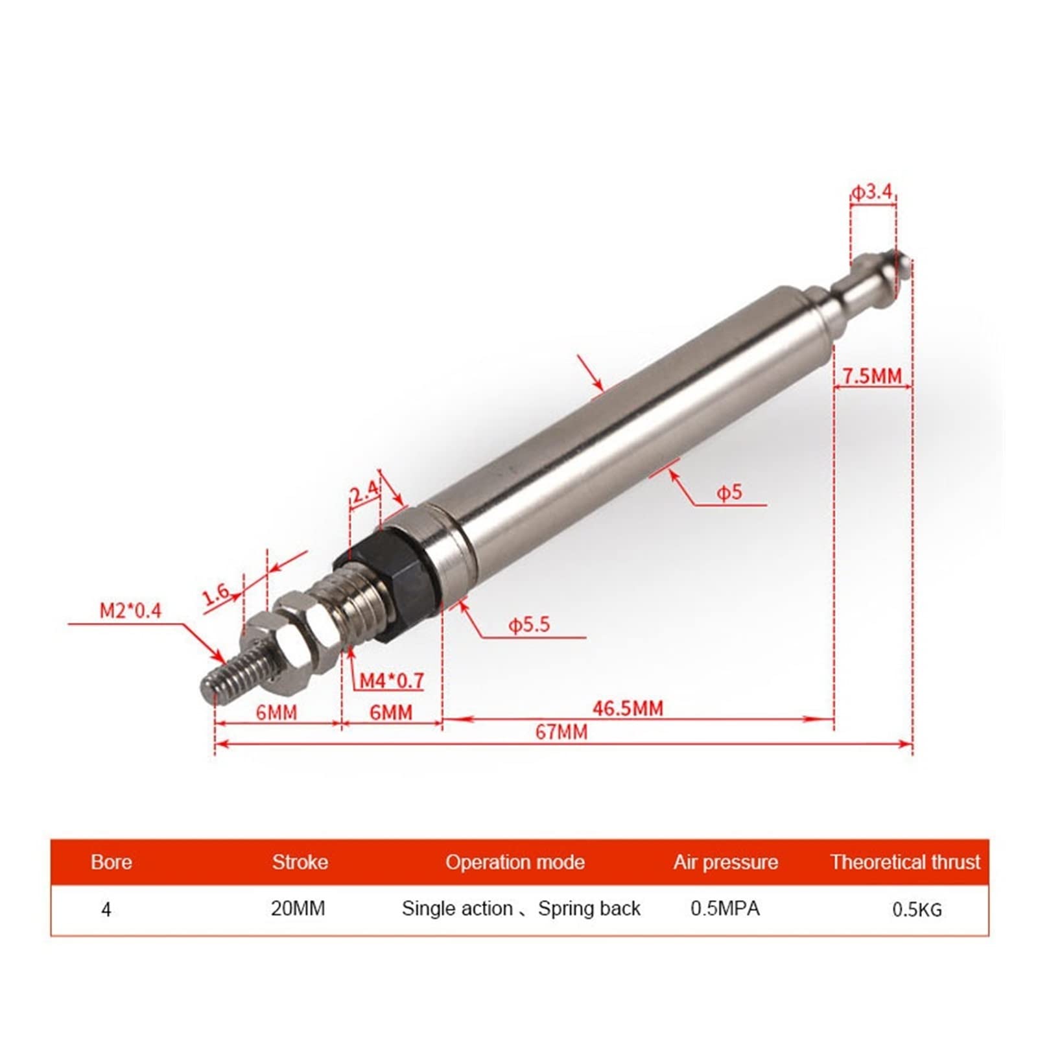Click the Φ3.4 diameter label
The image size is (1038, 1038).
[873, 192]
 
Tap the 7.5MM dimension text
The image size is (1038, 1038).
[872, 375]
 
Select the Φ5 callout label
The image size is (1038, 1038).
[729, 493]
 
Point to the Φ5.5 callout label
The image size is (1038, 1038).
[529, 624]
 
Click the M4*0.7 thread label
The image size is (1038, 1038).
[392, 680]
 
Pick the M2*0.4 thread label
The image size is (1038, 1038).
[130, 610]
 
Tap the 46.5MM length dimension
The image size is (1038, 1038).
[628, 708]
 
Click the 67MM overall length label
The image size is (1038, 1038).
[561, 732]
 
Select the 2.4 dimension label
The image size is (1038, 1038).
[364, 491]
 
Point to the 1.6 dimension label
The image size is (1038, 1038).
[216, 593]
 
